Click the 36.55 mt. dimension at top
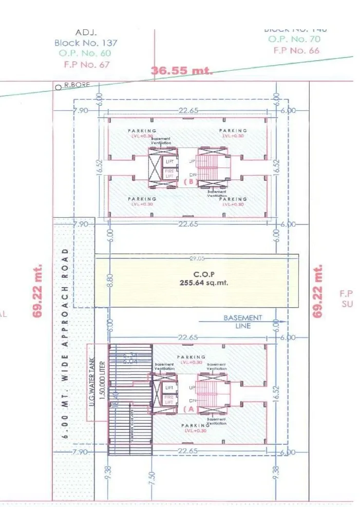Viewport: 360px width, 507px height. click(182, 70)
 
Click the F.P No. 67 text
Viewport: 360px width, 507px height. click(86, 64)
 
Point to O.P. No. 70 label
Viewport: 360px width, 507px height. click(294, 39)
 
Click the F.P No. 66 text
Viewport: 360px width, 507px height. click(296, 50)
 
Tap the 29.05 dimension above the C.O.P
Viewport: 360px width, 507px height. click(197, 258)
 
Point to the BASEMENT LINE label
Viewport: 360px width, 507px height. click(243, 322)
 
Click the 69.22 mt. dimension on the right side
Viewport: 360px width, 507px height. click(319, 291)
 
